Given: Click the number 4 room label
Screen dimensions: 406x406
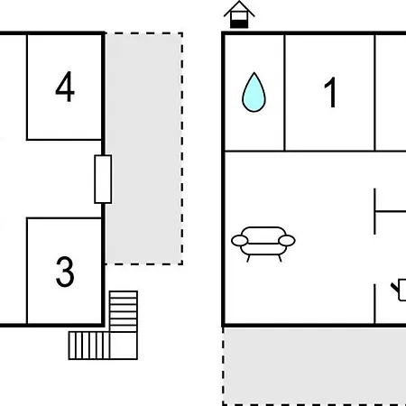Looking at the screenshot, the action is click(x=65, y=87).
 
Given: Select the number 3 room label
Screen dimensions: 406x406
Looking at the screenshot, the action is click(x=65, y=272).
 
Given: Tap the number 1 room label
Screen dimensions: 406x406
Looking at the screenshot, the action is click(x=330, y=92).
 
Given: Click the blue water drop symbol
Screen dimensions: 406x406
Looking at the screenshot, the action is click(x=254, y=92).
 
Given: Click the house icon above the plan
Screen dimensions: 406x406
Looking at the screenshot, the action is click(x=239, y=14).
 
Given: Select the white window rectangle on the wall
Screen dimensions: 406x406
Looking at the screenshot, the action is click(x=103, y=180).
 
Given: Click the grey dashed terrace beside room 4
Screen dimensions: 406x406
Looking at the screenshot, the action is click(x=143, y=149).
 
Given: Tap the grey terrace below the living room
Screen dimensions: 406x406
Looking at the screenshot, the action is click(x=315, y=366).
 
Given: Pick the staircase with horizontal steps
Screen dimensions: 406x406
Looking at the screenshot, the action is click(x=124, y=311).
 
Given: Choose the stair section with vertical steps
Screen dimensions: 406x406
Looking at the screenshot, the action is click(x=89, y=346).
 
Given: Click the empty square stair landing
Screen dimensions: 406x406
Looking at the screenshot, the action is click(x=124, y=346).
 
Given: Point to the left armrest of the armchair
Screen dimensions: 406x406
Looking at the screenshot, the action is click(x=240, y=241).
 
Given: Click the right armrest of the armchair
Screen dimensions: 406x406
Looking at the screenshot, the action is click(x=287, y=241).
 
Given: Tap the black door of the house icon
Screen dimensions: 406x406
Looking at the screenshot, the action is click(x=239, y=24).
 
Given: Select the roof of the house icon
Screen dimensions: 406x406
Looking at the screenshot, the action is click(x=239, y=8).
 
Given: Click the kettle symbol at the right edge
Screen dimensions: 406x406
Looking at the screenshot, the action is click(x=399, y=290).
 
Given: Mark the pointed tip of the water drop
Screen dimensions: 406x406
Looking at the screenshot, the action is click(x=254, y=72).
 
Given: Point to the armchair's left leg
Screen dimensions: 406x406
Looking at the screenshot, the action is click(x=248, y=259).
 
